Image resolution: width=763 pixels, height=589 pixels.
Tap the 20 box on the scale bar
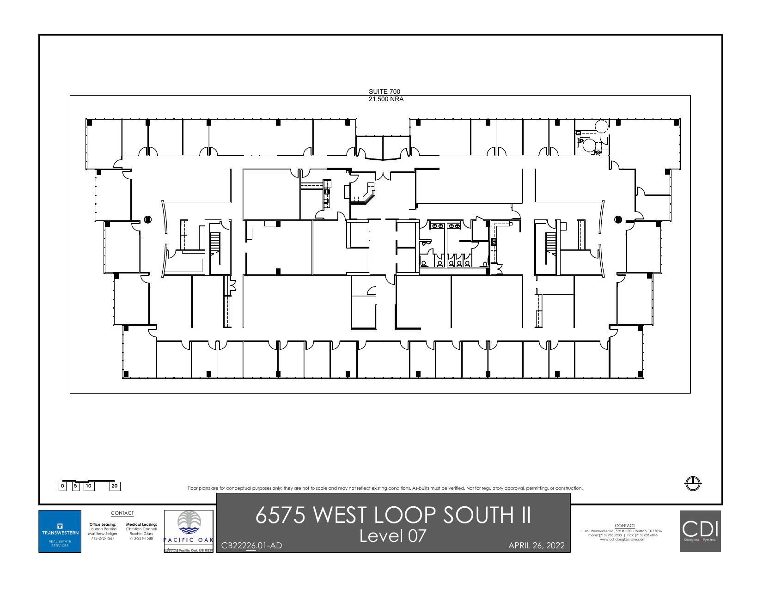click(x=115, y=486)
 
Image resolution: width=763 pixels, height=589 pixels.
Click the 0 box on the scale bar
click(x=62, y=486)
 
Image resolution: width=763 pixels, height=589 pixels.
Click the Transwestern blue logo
click(x=60, y=531)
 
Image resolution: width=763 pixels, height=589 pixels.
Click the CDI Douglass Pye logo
click(x=700, y=531)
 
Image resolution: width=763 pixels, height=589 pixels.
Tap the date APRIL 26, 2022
click(x=536, y=546)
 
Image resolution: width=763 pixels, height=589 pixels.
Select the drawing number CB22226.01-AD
click(x=251, y=546)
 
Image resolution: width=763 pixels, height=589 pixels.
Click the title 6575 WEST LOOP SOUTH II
click(x=393, y=515)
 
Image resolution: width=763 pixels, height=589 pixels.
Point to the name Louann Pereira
click(x=103, y=529)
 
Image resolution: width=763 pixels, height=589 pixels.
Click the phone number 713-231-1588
click(x=141, y=538)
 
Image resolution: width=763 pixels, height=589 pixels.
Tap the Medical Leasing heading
click(x=141, y=524)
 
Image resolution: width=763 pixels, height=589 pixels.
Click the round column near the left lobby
click(x=147, y=219)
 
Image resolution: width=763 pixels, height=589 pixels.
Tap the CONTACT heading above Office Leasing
click(x=122, y=513)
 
